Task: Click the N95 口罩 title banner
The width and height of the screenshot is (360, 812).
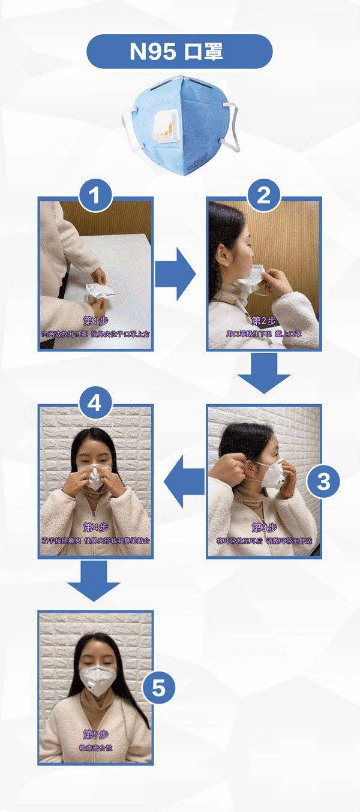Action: (x=179, y=52)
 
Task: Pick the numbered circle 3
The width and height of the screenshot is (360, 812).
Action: (x=323, y=482)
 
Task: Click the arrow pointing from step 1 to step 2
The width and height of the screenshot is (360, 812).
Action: (x=175, y=275)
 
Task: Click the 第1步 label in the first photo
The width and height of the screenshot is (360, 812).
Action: (x=96, y=319)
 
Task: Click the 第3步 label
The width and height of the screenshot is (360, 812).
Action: (x=264, y=527)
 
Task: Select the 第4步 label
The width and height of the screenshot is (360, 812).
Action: (x=96, y=527)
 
